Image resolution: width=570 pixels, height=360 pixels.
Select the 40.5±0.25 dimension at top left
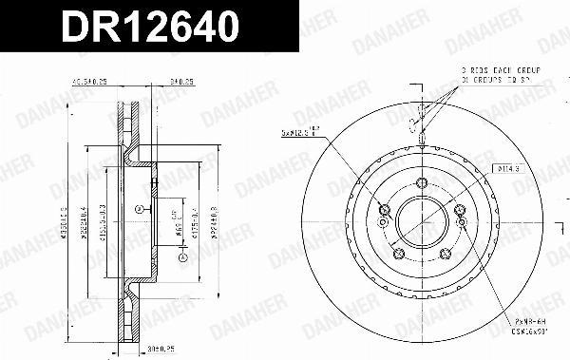pos(96,83)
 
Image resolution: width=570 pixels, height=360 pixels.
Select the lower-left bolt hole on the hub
pos(399,253)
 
